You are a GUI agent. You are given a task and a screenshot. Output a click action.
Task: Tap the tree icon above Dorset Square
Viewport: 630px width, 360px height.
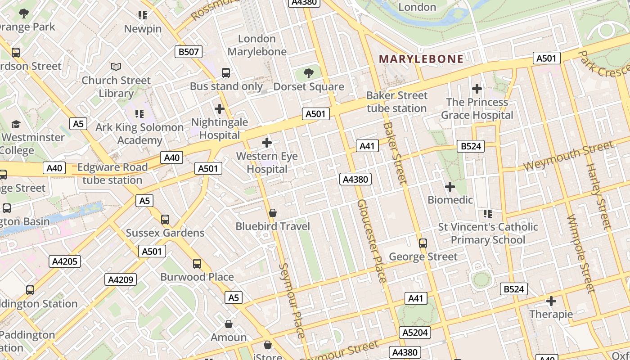(309, 73)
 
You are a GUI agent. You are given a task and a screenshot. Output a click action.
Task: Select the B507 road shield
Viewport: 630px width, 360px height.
(189, 52)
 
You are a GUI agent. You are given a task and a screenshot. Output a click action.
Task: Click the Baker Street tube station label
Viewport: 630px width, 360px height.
(396, 102)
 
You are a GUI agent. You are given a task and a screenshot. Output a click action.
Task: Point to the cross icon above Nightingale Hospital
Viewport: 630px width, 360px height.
(220, 109)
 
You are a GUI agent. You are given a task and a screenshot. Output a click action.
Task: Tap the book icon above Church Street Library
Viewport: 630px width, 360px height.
(116, 67)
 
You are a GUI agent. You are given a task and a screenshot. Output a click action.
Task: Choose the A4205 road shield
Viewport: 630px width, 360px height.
(65, 261)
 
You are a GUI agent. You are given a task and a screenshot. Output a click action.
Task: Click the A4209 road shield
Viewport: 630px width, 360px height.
(121, 279)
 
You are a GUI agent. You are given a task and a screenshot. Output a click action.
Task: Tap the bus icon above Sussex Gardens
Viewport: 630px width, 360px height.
(165, 220)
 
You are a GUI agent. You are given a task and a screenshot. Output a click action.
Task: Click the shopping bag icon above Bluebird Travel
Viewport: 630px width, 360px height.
(273, 213)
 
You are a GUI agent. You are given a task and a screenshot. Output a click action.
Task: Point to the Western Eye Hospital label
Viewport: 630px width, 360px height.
(267, 163)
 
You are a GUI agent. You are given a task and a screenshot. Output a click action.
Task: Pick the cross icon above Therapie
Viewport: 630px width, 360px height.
(551, 301)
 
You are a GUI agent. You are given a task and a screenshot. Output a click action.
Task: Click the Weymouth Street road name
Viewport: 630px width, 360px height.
(568, 156)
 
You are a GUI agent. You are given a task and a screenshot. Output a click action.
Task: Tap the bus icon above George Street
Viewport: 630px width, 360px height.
(423, 243)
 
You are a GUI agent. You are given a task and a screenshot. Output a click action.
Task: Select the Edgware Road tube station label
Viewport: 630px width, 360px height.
(112, 174)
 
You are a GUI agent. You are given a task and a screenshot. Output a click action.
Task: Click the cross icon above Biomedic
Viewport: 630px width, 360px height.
(450, 186)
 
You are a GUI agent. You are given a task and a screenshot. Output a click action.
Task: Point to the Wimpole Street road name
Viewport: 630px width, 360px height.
(581, 254)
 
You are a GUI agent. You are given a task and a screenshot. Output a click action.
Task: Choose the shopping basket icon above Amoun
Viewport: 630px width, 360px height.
(229, 324)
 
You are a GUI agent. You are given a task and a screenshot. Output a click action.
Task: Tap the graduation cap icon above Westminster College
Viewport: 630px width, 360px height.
(16, 124)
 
